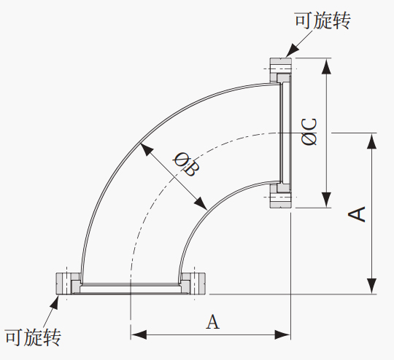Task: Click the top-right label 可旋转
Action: tap(322, 20)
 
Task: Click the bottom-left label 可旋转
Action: tap(33, 337)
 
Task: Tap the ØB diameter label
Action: tap(187, 164)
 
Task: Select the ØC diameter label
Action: tap(309, 132)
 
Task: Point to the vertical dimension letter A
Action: tap(357, 214)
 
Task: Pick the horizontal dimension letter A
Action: tap(212, 321)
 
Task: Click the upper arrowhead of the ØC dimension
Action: tap(326, 66)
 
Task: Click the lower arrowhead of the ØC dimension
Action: tap(326, 200)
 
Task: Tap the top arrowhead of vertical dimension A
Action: tap(371, 141)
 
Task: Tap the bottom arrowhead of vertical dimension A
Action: tap(371, 286)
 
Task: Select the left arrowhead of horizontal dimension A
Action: tap(139, 334)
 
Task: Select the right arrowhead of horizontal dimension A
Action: tap(282, 334)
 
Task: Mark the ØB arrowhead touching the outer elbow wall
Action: tap(146, 149)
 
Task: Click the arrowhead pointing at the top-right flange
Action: tap(292, 50)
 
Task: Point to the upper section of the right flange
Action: tap(281, 70)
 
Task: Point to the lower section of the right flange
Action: tap(281, 195)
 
